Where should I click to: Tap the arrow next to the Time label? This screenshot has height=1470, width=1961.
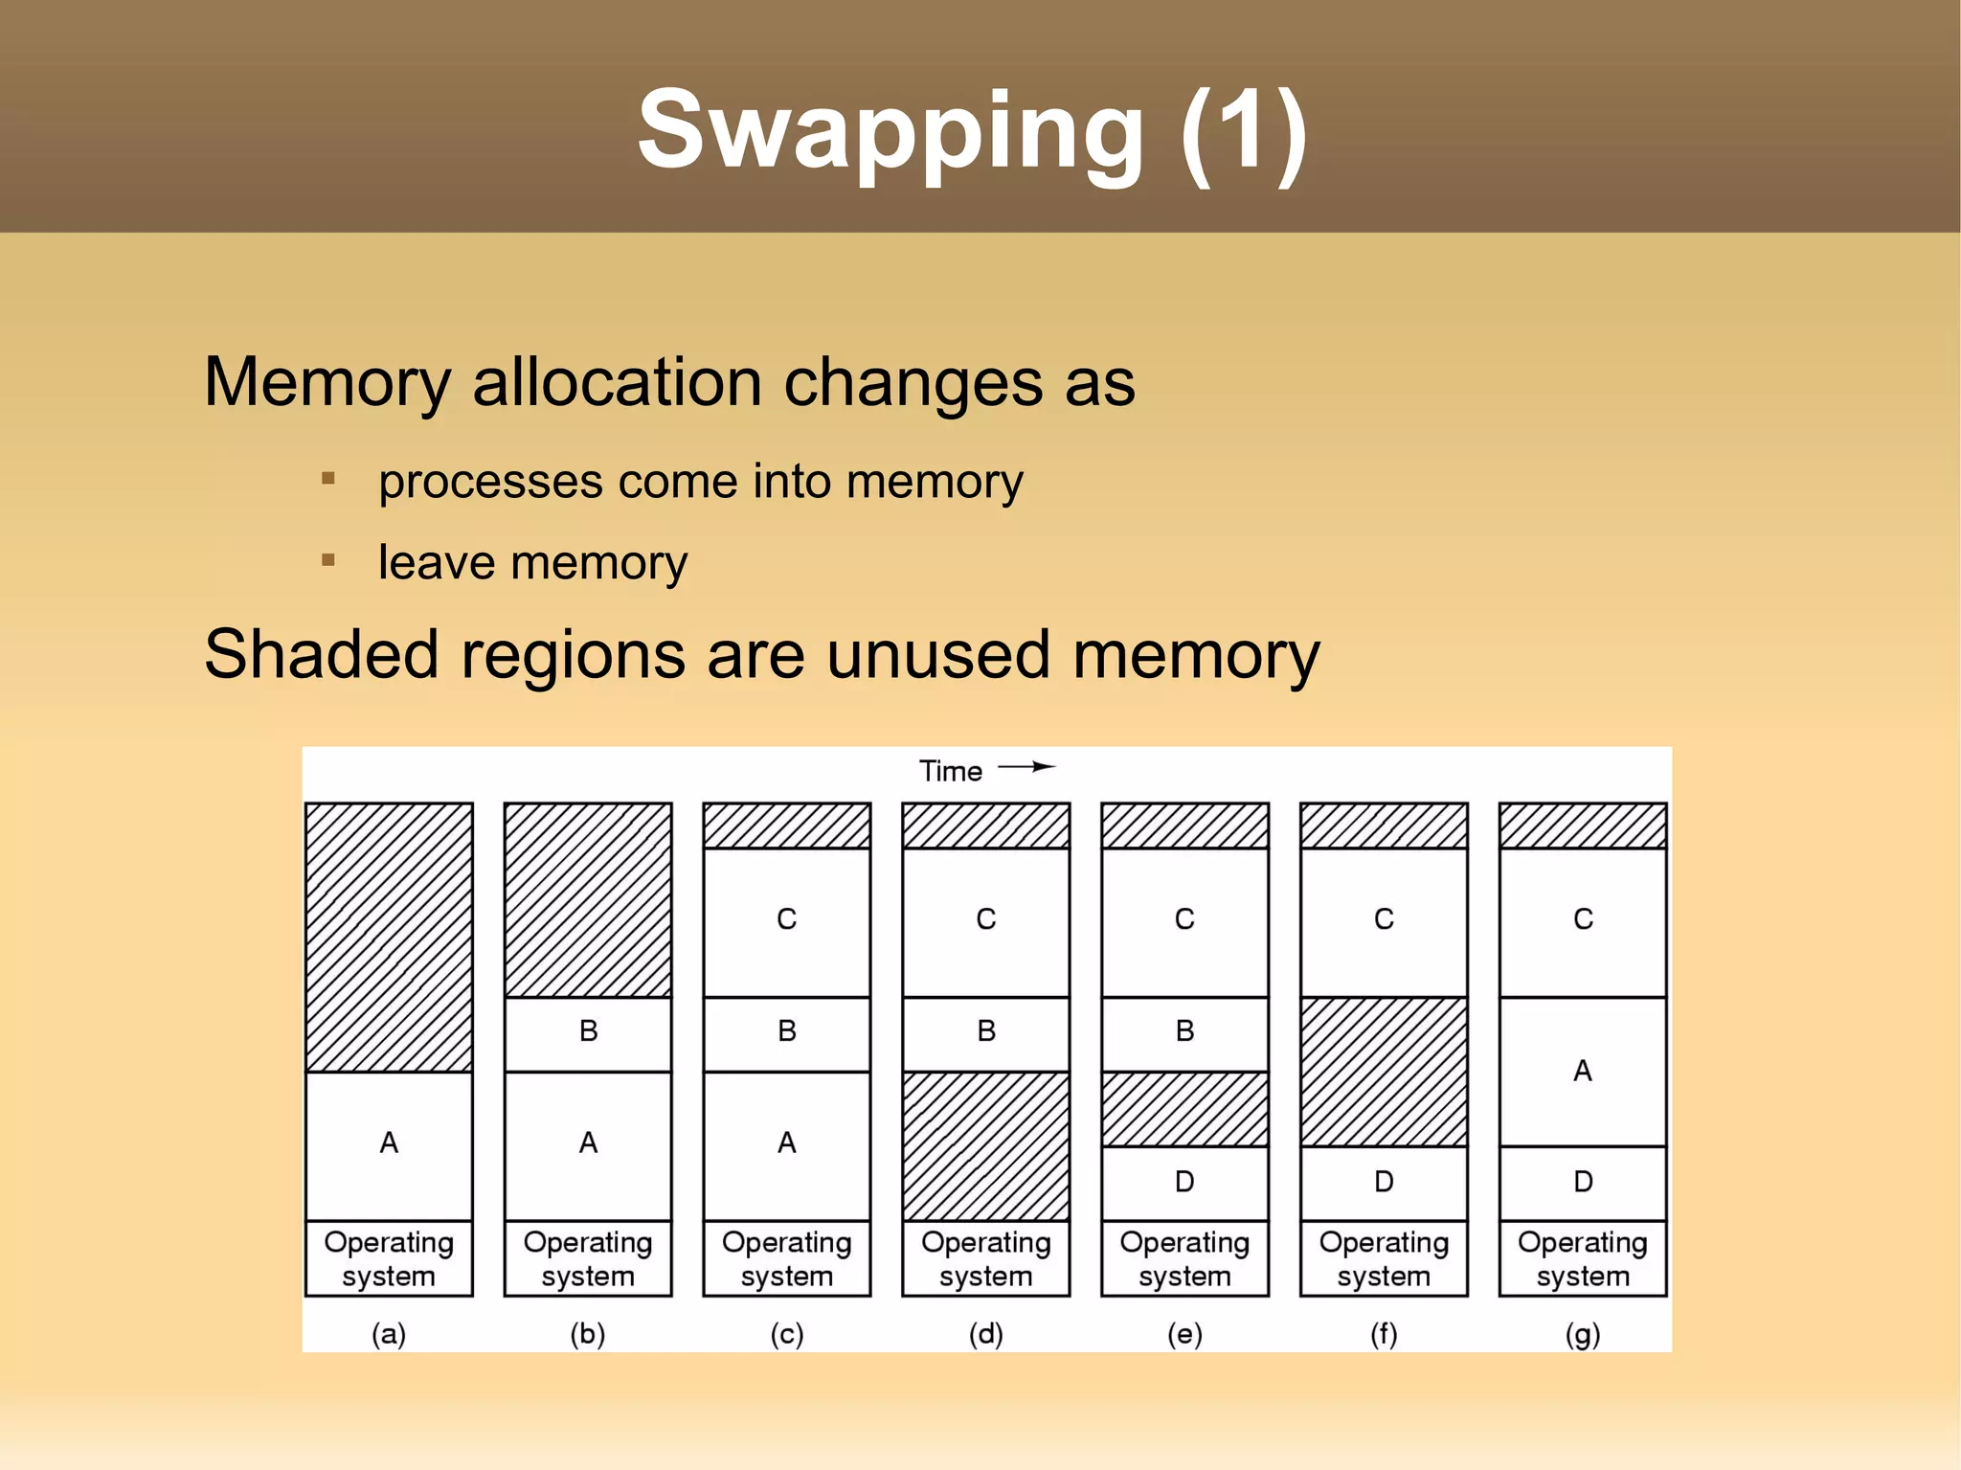tap(1026, 767)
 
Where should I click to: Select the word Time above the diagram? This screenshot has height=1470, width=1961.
tap(950, 771)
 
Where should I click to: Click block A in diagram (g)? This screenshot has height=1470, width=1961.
tap(1582, 1071)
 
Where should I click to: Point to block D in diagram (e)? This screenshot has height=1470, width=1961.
tap(1184, 1182)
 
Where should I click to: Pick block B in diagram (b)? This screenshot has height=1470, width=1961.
tap(588, 1032)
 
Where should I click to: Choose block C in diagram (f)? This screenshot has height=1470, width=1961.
tap(1384, 920)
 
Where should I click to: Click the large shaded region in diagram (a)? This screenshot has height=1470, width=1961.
tap(389, 937)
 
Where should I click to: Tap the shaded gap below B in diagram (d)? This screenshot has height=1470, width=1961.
tap(985, 1145)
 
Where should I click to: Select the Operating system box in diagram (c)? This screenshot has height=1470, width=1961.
tap(786, 1258)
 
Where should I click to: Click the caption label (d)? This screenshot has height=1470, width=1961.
tap(985, 1333)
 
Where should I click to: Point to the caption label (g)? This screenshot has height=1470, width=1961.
tap(1582, 1333)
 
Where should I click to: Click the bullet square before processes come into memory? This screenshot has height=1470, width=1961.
tap(328, 478)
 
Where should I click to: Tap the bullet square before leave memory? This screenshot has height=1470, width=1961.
tap(328, 559)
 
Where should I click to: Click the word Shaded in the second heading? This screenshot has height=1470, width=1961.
tap(322, 656)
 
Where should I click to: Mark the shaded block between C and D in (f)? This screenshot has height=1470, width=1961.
tap(1384, 1071)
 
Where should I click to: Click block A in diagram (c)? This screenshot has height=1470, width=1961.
tap(786, 1143)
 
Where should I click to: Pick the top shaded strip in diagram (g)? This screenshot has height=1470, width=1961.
tap(1582, 825)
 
